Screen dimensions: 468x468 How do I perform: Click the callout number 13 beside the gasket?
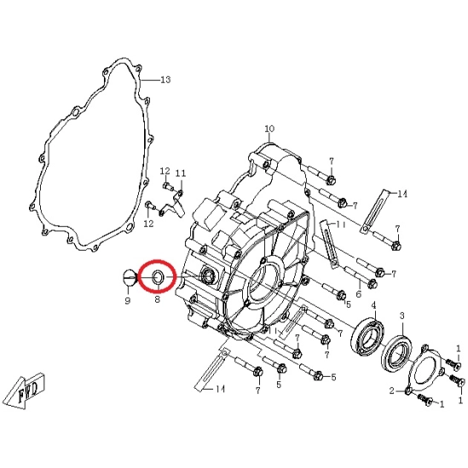click(x=165, y=79)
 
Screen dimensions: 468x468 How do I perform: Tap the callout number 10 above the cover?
click(x=269, y=129)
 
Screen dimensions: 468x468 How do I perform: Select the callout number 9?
click(x=128, y=301)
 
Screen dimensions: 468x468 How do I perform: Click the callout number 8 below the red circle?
click(x=158, y=298)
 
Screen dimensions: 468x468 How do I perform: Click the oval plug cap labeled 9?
click(x=130, y=277)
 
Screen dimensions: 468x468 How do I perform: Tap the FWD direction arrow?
click(x=26, y=390)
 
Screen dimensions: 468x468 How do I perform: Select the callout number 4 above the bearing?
click(x=373, y=306)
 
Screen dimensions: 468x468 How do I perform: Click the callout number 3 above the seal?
click(x=402, y=315)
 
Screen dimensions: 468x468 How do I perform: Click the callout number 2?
click(x=392, y=390)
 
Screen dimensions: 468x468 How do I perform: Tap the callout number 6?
click(x=359, y=294)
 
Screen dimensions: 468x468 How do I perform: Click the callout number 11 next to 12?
click(x=181, y=173)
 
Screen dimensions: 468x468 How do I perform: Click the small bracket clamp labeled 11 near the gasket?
click(x=171, y=205)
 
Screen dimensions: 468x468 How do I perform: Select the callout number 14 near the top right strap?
click(x=402, y=194)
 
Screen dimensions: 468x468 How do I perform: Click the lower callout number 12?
click(x=148, y=223)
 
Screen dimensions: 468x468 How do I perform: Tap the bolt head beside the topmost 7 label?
click(x=332, y=180)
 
